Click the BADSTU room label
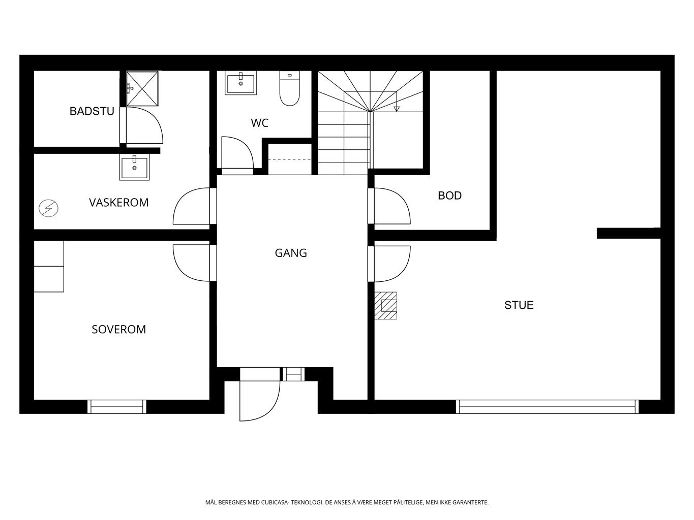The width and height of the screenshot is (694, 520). click(92, 111)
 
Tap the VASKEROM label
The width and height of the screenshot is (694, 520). click(118, 203)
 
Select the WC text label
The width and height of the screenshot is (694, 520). click(260, 123)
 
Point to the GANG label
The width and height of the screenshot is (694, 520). click(291, 253)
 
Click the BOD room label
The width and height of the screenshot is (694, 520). click(449, 196)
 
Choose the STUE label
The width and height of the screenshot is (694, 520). click(519, 305)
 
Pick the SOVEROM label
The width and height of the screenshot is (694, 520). click(119, 330)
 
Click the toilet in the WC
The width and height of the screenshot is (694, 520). click(289, 88)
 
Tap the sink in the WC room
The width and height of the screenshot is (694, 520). click(240, 83)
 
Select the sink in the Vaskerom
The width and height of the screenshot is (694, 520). click(134, 168)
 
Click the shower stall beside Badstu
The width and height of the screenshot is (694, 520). click(142, 88)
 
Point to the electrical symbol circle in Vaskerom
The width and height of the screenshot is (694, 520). click(48, 208)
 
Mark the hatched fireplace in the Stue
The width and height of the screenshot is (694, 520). click(386, 306)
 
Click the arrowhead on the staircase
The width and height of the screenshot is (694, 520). click(397, 109)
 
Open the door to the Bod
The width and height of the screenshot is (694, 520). click(392, 206)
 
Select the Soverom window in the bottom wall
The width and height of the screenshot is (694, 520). click(117, 407)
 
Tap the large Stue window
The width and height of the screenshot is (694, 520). click(547, 407)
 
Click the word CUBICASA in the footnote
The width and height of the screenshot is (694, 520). click(275, 502)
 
